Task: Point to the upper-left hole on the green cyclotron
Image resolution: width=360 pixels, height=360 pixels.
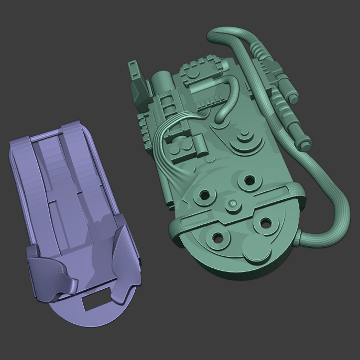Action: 203,196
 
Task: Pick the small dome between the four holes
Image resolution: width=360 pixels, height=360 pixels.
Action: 232,203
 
